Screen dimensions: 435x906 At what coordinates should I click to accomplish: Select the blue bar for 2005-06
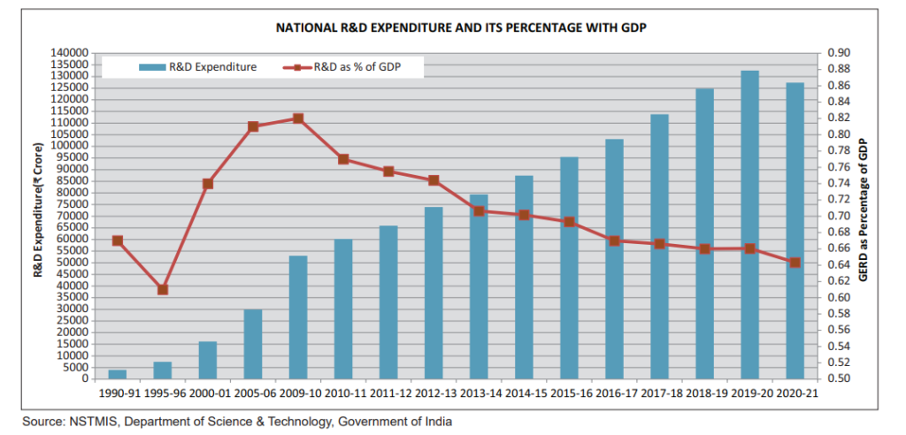(253, 345)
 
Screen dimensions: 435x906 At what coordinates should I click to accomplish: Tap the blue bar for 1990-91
(118, 374)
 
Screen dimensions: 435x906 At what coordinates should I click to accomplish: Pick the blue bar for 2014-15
(524, 278)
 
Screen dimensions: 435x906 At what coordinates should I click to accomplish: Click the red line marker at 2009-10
(298, 118)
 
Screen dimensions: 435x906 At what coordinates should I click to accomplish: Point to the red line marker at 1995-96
(163, 289)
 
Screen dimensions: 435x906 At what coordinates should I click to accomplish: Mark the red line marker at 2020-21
(795, 263)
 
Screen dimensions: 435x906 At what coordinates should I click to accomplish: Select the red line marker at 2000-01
(208, 184)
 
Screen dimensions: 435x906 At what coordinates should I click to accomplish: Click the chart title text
(461, 28)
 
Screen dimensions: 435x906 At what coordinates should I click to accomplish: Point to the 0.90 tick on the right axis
(838, 53)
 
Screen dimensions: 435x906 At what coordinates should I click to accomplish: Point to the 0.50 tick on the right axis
(838, 379)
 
